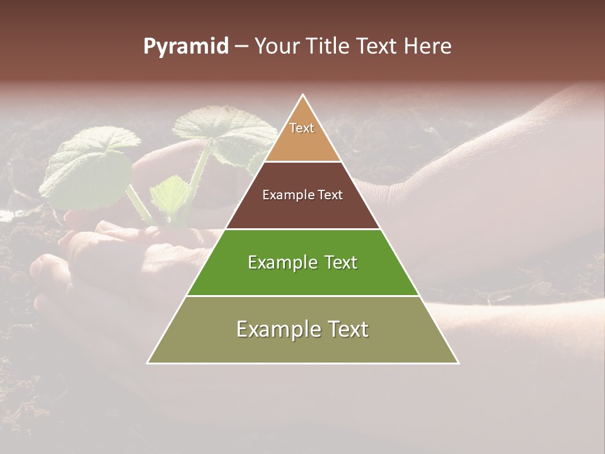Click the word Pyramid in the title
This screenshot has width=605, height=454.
click(x=185, y=47)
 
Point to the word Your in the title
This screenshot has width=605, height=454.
click(x=276, y=47)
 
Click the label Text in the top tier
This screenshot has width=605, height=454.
click(x=302, y=128)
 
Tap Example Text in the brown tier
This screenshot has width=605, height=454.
click(x=302, y=195)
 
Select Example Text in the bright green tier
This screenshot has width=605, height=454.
click(x=302, y=262)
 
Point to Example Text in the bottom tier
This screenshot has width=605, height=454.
click(x=302, y=329)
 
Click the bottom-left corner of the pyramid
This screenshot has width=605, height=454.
click(x=148, y=363)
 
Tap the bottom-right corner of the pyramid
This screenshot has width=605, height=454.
click(x=458, y=363)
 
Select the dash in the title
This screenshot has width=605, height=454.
click(x=241, y=47)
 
